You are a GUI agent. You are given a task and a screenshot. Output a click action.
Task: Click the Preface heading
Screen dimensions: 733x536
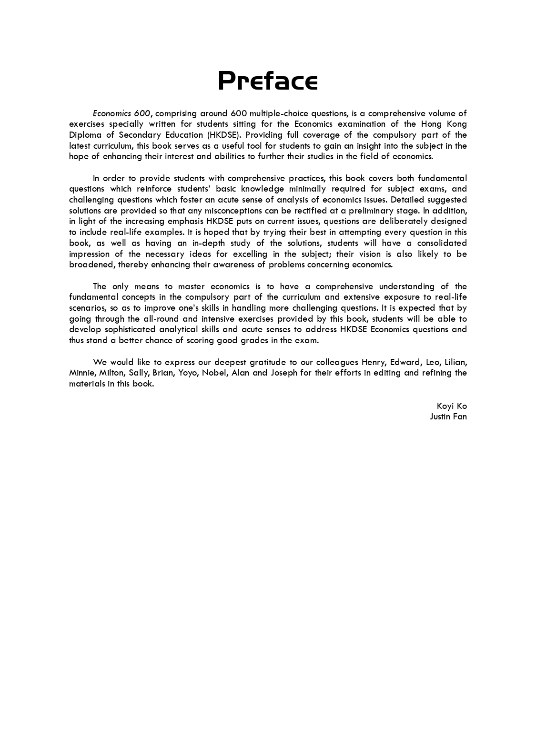pyautogui.click(x=268, y=81)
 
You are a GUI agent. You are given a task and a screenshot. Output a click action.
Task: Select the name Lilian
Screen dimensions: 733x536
pyautogui.click(x=455, y=362)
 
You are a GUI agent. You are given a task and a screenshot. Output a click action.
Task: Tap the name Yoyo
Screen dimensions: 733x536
pyautogui.click(x=188, y=373)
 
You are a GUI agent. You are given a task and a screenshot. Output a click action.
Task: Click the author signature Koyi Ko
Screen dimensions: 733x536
pyautogui.click(x=452, y=406)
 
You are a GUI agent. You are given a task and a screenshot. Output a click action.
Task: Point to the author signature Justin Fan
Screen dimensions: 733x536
pyautogui.click(x=448, y=417)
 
